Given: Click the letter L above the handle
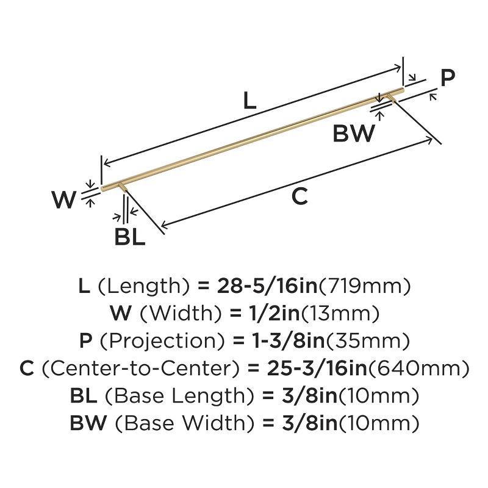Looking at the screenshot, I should (249, 101).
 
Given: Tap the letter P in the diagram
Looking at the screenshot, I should (448, 78).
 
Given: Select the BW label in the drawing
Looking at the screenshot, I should (354, 133).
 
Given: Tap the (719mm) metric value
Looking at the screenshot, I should (364, 285).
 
